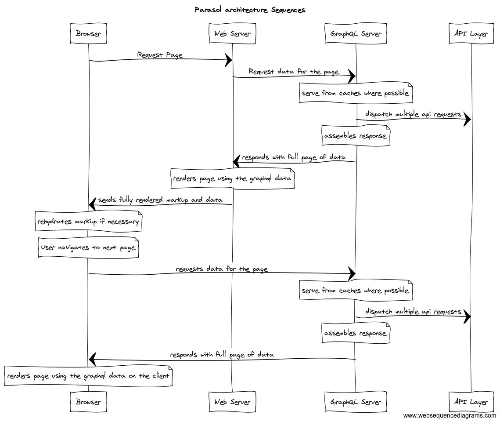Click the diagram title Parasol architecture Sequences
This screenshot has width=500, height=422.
250,10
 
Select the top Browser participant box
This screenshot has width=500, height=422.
88,33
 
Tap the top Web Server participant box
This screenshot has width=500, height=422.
232,33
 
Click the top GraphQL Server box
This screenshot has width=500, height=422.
356,33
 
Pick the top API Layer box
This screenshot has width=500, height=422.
471,33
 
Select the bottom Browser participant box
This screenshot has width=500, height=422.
88,402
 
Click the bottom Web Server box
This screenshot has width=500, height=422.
232,402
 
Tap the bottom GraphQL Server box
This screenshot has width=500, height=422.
356,402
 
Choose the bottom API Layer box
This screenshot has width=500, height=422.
471,402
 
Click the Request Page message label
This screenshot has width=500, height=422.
160,55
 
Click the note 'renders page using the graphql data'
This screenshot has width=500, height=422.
232,179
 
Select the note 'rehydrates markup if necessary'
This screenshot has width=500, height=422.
88,221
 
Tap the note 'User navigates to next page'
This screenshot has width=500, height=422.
88,247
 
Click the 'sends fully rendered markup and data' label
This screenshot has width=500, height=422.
160,200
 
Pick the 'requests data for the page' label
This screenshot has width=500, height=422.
222,269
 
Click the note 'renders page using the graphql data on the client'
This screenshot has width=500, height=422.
88,376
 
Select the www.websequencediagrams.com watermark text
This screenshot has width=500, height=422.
450,415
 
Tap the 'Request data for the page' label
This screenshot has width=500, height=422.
294,72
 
